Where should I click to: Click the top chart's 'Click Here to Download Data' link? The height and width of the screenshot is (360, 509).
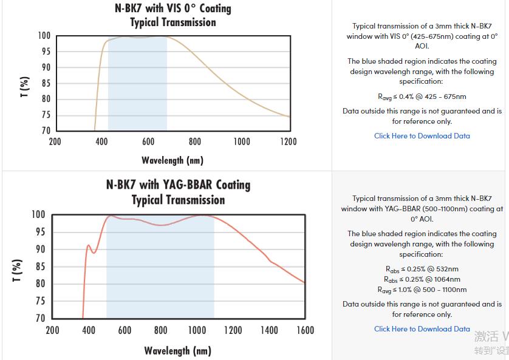422,136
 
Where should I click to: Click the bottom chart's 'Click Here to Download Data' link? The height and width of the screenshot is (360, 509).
422,329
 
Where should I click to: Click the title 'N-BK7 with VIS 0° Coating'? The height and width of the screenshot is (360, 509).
173,8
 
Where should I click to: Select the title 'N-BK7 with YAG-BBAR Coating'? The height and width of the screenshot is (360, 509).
178,185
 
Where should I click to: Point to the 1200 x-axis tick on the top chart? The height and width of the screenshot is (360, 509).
289,141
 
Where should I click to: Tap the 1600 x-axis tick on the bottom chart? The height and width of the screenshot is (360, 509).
305,330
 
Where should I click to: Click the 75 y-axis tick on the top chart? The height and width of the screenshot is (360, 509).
46,115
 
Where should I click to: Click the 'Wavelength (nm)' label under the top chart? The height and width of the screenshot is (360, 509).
173,160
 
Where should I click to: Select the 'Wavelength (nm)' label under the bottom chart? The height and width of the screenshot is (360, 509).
177,350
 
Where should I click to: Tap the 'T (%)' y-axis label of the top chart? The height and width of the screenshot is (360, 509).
25,87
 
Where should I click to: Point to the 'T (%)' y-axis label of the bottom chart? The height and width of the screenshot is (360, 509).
17,270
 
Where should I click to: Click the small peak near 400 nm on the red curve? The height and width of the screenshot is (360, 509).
89,245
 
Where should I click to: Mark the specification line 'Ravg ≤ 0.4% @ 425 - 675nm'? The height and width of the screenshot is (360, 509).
422,97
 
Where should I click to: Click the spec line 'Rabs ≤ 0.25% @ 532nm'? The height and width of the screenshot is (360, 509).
422,269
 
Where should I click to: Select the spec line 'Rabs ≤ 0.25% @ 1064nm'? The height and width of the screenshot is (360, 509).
422,279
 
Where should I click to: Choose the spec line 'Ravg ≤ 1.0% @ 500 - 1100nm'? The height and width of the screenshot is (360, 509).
422,290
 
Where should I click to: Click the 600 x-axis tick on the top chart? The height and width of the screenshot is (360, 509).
148,141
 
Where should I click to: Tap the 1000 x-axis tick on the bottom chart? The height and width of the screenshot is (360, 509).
197,330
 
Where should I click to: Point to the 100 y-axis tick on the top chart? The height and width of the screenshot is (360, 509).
44,36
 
